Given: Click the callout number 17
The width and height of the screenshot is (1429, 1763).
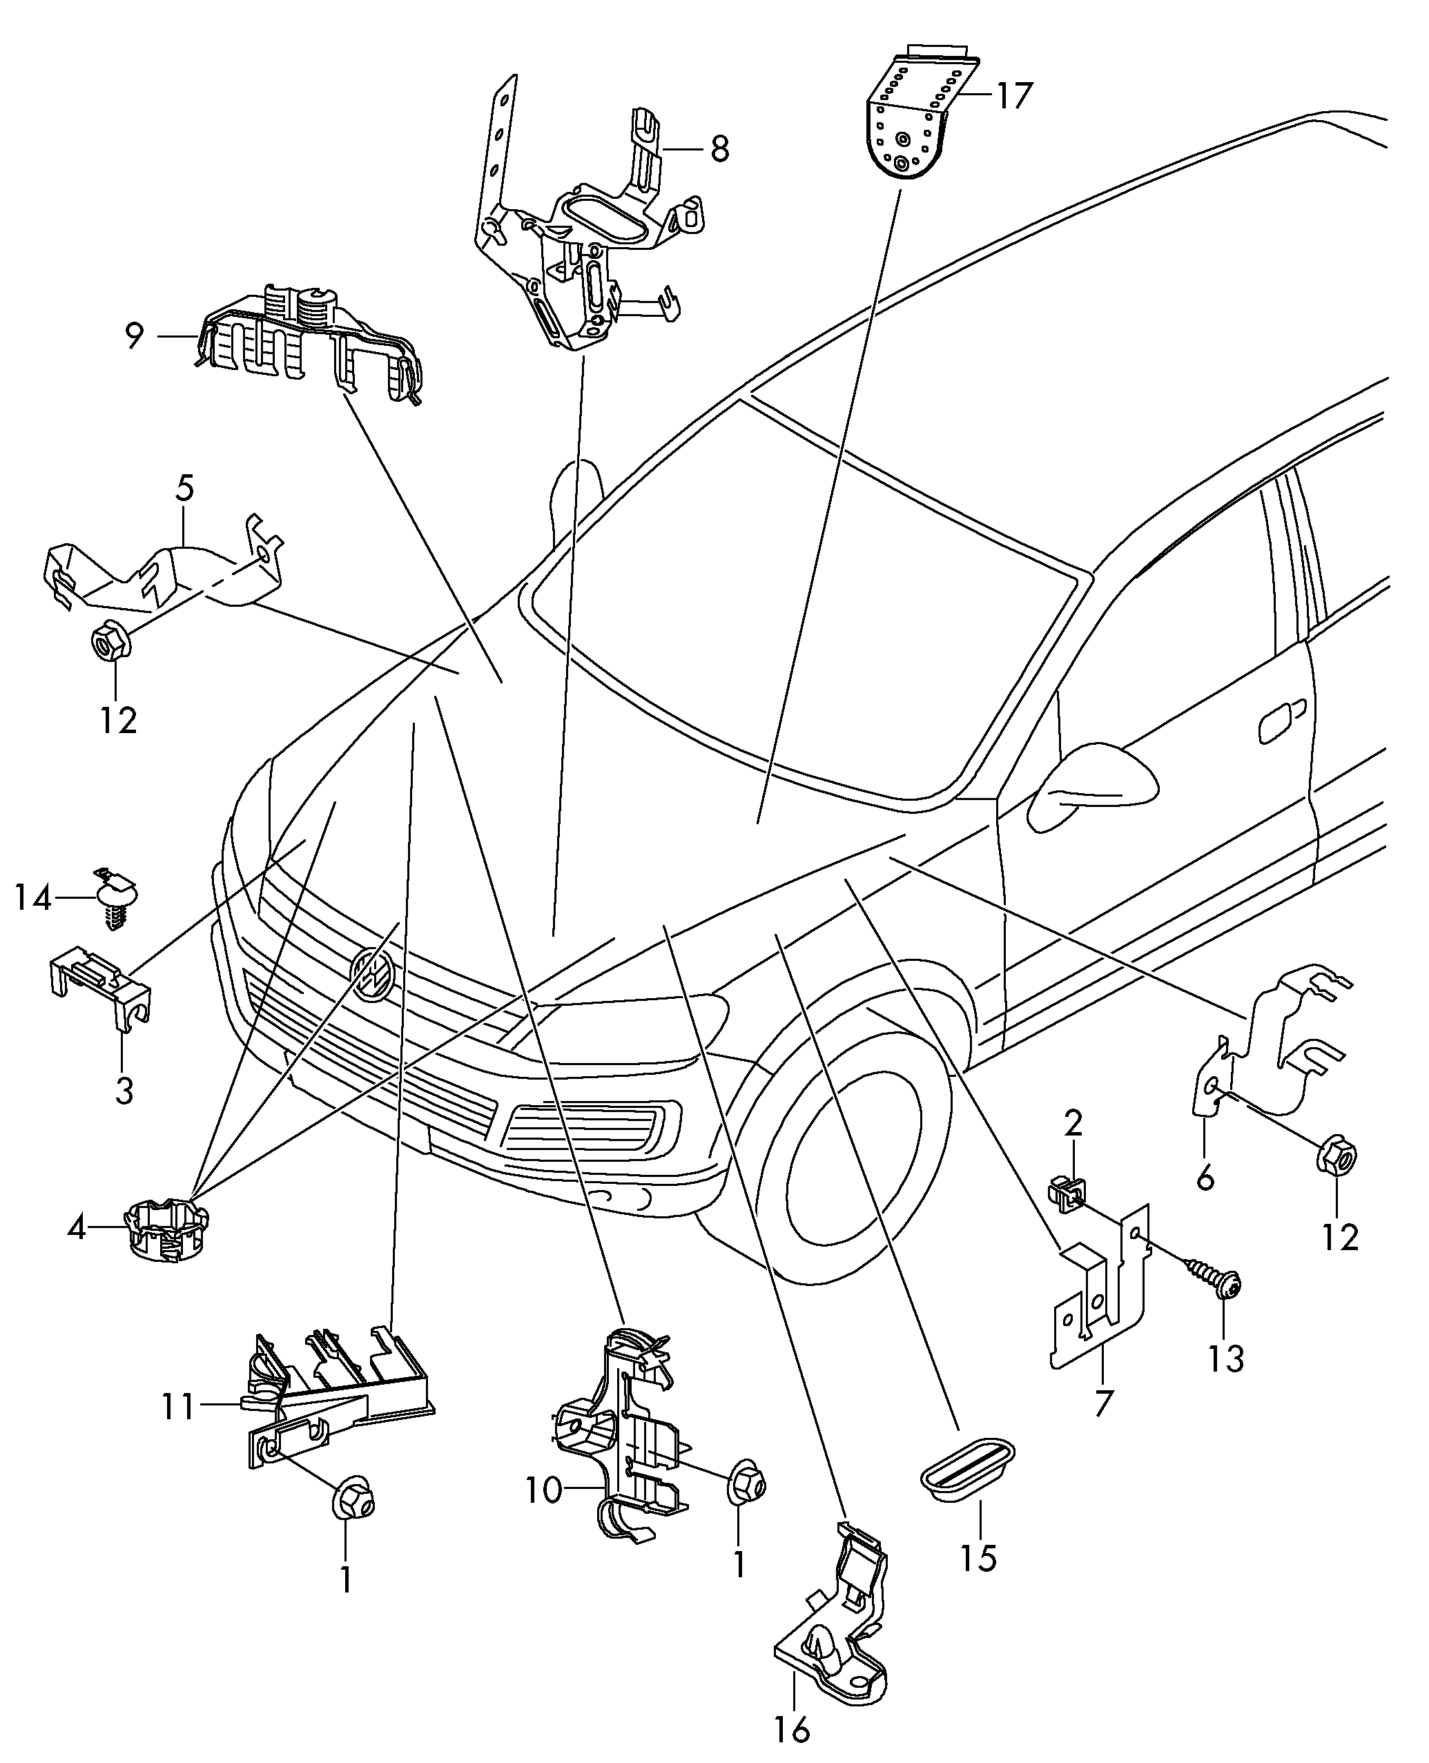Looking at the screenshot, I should coord(1013,97).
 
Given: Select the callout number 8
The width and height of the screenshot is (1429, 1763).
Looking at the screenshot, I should coord(719,150).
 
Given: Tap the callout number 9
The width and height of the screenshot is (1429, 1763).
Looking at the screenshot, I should coord(134,335).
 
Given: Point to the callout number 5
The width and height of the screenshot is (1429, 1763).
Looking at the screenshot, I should coord(184,489).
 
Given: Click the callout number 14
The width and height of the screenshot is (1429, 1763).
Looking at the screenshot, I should coord(33,898).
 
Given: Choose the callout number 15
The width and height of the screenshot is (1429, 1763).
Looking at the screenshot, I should coord(979,1558).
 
